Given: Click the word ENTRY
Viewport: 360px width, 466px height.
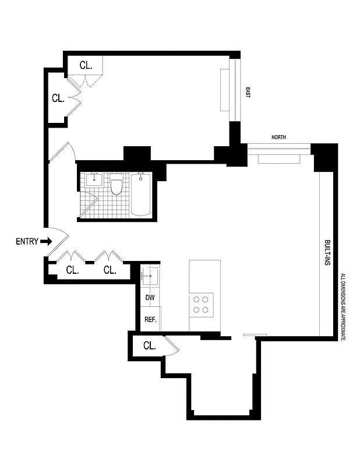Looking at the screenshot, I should coord(27,241).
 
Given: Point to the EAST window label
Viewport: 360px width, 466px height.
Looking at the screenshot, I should coord(248,92).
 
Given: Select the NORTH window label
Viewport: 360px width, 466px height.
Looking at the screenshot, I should coord(278,137).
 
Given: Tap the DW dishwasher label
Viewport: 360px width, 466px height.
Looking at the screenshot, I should coord(150,298).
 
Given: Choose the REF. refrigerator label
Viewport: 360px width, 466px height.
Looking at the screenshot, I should coord(150,320).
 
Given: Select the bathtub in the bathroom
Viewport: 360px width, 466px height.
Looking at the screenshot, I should coord(141,194).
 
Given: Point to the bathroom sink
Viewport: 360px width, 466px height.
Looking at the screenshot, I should coord(94,179).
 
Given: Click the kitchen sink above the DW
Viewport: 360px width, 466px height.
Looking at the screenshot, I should coord(150,274).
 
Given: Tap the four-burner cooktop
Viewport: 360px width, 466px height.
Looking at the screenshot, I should coord(202,304).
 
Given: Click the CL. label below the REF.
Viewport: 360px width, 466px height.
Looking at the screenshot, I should coord(149,346).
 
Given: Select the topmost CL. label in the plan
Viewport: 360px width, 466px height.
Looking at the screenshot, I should coord(85,66).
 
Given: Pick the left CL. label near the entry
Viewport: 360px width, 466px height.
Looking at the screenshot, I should coord(72,270).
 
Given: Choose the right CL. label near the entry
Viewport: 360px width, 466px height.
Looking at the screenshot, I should coord(110,270).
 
